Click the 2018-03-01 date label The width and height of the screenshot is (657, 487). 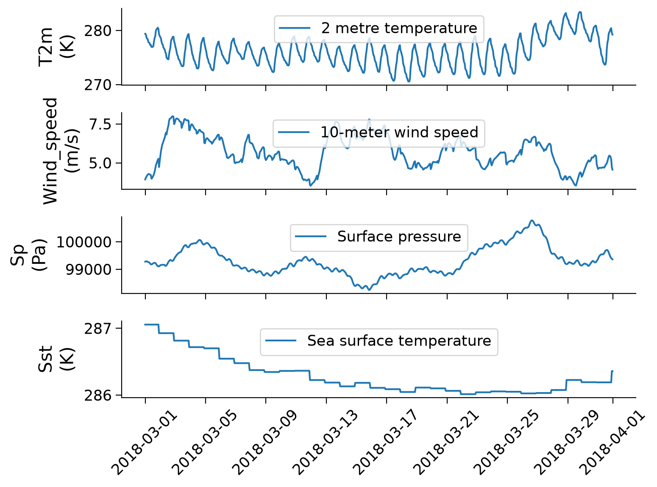[145, 443]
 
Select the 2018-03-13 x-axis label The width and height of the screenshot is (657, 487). [326, 443]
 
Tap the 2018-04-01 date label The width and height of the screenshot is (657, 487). [612, 443]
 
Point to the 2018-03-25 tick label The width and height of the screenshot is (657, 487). [507, 443]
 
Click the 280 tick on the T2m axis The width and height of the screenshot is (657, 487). [98, 31]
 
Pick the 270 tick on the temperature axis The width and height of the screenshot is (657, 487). [98, 85]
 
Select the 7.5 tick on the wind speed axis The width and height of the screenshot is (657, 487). [100, 125]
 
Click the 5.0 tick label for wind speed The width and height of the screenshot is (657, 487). [100, 163]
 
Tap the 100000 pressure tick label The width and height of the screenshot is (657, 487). [84, 242]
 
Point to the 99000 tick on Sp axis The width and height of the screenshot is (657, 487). [88, 269]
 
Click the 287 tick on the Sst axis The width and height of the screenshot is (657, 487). [98, 329]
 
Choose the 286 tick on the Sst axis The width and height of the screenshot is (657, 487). [98, 396]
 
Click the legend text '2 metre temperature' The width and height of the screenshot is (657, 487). [399, 28]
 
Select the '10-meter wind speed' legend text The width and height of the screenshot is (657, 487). [399, 132]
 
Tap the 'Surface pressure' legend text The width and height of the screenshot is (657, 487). [399, 237]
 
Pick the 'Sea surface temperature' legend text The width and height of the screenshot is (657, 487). [399, 341]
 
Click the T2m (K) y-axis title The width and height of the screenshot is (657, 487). [56, 47]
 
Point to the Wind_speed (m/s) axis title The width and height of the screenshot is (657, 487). [61, 151]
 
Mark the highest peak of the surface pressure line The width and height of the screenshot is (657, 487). [532, 220]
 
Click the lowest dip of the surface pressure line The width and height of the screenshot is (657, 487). [369, 290]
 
